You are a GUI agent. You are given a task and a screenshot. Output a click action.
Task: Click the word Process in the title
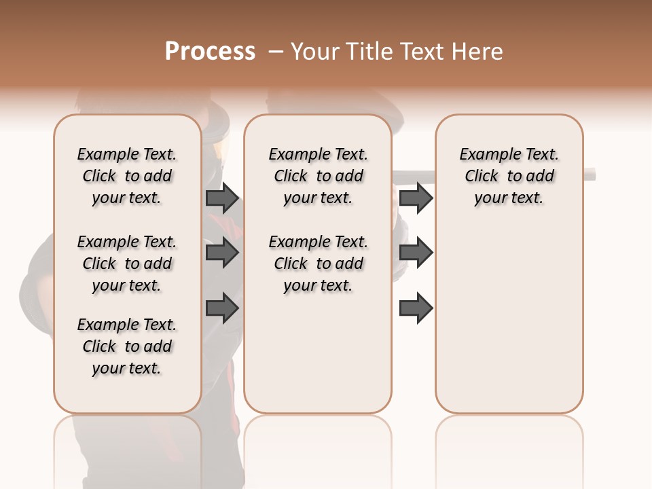click(210, 52)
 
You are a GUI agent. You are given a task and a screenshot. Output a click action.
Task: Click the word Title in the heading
click(365, 52)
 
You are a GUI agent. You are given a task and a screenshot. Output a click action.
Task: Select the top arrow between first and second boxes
click(222, 198)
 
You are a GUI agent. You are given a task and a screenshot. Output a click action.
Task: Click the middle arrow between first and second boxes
click(222, 253)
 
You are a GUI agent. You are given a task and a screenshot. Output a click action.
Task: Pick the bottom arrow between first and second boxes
click(222, 308)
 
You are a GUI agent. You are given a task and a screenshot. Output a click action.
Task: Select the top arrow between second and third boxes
click(416, 198)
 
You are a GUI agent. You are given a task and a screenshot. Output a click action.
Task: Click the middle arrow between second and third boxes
click(416, 253)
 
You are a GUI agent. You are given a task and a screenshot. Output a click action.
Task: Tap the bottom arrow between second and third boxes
click(416, 308)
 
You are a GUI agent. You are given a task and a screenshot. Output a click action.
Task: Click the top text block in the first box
click(127, 176)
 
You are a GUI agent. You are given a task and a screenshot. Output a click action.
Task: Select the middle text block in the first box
click(127, 264)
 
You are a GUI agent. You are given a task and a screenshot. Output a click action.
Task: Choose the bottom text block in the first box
click(127, 346)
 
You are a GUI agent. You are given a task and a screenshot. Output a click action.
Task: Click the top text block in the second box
click(318, 176)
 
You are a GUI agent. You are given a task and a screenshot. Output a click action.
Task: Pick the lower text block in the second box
click(318, 264)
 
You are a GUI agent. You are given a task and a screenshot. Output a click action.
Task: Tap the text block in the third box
click(509, 176)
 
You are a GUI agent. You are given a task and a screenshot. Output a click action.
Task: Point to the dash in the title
click(276, 52)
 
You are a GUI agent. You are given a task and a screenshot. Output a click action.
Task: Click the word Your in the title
click(313, 52)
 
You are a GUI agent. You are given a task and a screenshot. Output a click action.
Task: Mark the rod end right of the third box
click(591, 175)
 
